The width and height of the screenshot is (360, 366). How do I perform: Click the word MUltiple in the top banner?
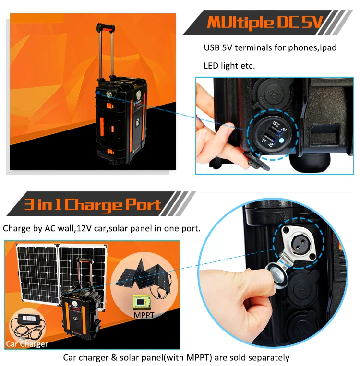click(x=240, y=23)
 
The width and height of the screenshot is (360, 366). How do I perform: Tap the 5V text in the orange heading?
click(x=312, y=22)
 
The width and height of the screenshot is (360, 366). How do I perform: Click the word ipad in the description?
click(x=328, y=48)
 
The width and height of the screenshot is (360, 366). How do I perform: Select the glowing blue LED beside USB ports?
click(x=282, y=141)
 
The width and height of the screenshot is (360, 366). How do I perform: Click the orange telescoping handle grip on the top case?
click(x=106, y=28)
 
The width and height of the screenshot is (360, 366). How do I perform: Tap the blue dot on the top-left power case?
click(x=98, y=93)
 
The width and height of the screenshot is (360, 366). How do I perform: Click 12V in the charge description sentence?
click(x=84, y=228)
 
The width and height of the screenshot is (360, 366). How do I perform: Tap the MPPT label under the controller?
click(x=144, y=315)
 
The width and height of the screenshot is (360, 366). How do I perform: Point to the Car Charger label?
click(x=27, y=344)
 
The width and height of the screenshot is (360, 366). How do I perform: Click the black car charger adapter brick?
click(x=28, y=319)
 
